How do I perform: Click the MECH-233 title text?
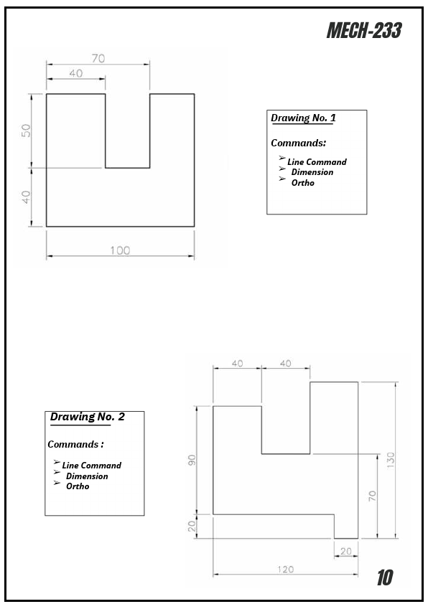click(x=363, y=30)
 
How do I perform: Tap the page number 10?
click(x=385, y=577)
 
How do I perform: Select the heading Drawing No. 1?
click(x=302, y=118)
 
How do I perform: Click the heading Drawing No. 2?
click(x=88, y=417)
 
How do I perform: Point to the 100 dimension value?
click(x=120, y=250)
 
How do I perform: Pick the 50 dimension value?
click(x=27, y=131)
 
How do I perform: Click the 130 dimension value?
click(x=391, y=460)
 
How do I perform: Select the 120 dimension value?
click(x=285, y=569)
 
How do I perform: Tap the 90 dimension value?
click(x=192, y=460)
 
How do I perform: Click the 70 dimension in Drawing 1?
click(x=98, y=58)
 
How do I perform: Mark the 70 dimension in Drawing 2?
click(x=372, y=496)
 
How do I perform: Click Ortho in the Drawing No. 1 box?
click(x=302, y=183)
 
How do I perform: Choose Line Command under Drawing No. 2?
click(x=91, y=466)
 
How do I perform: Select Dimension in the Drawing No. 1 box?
click(x=312, y=172)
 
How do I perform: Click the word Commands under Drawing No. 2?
click(x=73, y=445)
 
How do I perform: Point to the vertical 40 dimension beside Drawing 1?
click(x=27, y=197)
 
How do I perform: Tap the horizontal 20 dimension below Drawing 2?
click(x=346, y=551)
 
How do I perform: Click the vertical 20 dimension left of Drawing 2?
click(x=192, y=526)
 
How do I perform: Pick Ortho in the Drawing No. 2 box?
click(x=78, y=486)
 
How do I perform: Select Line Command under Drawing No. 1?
click(x=317, y=162)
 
